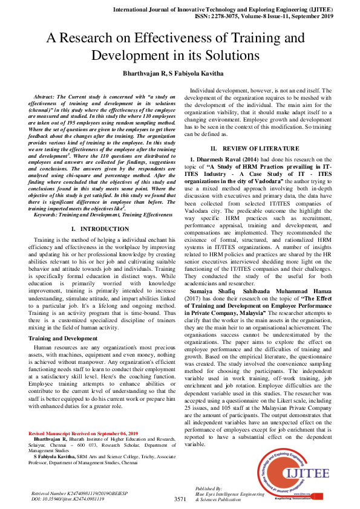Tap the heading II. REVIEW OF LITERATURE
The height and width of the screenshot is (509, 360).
coord(259,148)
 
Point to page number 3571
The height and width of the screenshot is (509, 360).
coord(180,499)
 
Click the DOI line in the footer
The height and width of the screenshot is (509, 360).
coord(67,499)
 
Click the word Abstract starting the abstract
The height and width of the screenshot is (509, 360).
coord(46,97)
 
